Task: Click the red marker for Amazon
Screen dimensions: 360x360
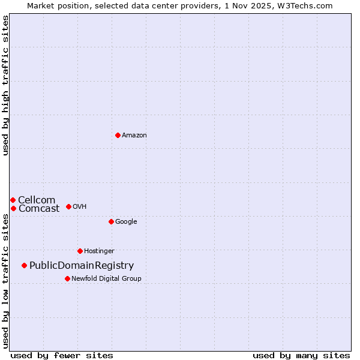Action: pyautogui.click(x=118, y=135)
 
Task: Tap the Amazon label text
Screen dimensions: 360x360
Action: pyautogui.click(x=134, y=136)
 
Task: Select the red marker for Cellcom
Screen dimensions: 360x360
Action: pyautogui.click(x=13, y=200)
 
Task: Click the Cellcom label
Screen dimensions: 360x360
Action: pyautogui.click(x=37, y=200)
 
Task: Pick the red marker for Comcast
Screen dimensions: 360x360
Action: pyautogui.click(x=13, y=208)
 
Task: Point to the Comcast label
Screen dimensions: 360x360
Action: pyautogui.click(x=39, y=209)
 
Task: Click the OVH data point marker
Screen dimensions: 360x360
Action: pyautogui.click(x=68, y=206)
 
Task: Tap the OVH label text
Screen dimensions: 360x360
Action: pyautogui.click(x=80, y=207)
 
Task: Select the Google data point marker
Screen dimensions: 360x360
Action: pyautogui.click(x=111, y=221)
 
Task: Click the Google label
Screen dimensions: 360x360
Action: pyautogui.click(x=126, y=222)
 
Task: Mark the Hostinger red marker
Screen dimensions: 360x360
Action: pyautogui.click(x=80, y=251)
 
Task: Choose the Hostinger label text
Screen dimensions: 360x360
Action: pyautogui.click(x=99, y=251)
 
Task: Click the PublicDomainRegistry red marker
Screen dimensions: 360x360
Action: pyautogui.click(x=24, y=265)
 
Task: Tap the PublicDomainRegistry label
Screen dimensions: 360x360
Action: pyautogui.click(x=82, y=266)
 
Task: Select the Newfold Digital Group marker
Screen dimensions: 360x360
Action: pyautogui.click(x=67, y=278)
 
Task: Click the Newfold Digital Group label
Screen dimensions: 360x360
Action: pyautogui.click(x=106, y=279)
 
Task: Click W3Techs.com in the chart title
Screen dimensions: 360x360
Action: pyautogui.click(x=310, y=5)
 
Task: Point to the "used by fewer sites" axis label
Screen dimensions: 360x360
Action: pyautogui.click(x=62, y=356)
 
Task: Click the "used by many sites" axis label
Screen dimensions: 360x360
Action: pyautogui.click(x=301, y=356)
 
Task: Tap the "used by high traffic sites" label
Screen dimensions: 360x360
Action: pyautogui.click(x=5, y=85)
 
